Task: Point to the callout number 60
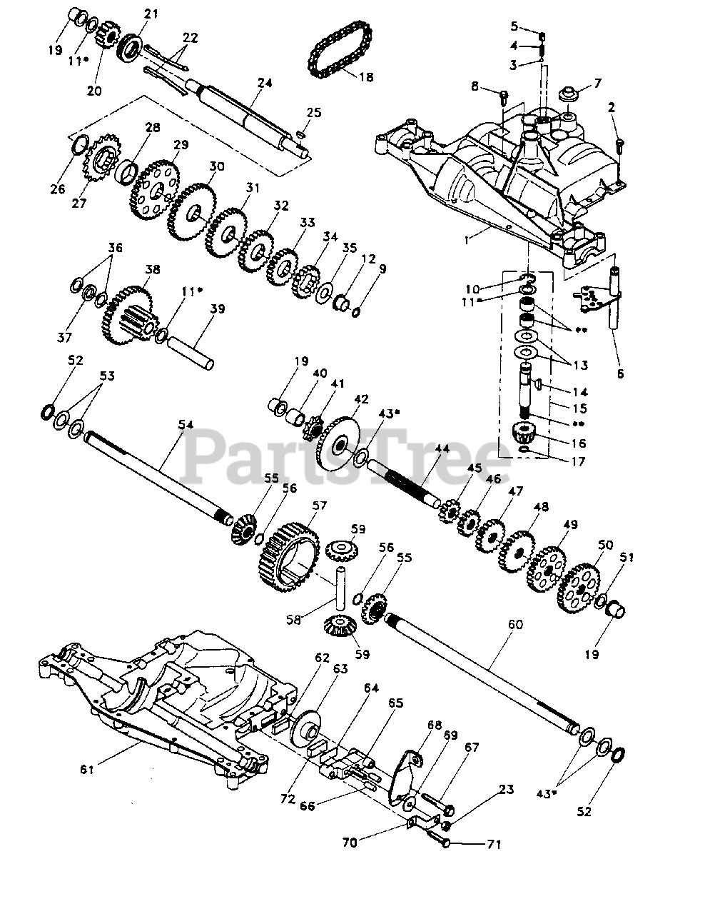coord(515,624)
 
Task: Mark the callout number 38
coord(152,271)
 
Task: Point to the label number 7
coord(597,82)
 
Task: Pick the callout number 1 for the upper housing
coord(467,241)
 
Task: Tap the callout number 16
coord(579,443)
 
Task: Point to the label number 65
coord(396,703)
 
